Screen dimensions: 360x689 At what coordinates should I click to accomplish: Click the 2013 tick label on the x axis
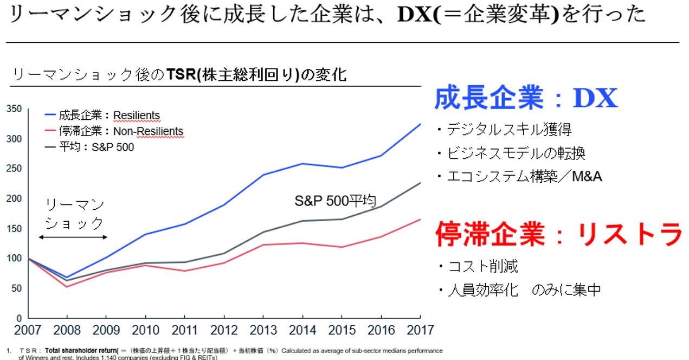pos(262,330)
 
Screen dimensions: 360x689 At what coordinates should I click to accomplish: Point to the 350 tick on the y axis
pos(15,109)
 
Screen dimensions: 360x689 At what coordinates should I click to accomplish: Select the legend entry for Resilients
pos(102,115)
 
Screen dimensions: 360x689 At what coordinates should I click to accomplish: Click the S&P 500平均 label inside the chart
pos(335,201)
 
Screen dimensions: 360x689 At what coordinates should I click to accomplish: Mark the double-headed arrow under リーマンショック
pos(74,237)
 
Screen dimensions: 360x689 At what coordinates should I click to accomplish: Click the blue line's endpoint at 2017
pos(420,124)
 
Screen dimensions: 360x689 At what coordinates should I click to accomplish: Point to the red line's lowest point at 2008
pos(67,286)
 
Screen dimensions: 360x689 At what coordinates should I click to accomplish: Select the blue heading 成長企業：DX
pos(526,99)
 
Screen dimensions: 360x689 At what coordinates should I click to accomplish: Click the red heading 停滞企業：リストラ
pos(558,234)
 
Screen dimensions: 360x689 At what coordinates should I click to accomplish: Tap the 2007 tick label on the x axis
pos(28,330)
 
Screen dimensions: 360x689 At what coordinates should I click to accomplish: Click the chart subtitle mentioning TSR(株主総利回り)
pos(179,75)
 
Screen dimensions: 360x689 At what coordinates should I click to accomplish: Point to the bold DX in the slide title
pos(413,15)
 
